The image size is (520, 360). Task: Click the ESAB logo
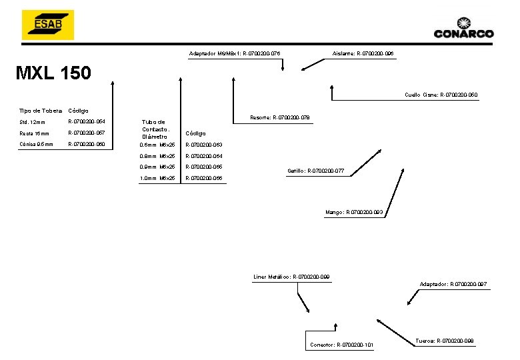(x=47, y=25)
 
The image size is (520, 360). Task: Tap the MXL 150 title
(x=53, y=73)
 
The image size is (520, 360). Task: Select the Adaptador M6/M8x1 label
(x=234, y=53)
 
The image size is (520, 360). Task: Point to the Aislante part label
(x=362, y=53)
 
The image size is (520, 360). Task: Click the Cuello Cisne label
(x=441, y=95)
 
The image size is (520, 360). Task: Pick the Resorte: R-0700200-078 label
(x=279, y=117)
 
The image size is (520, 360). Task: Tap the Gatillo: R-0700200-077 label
(x=315, y=171)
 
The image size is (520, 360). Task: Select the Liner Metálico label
(x=291, y=277)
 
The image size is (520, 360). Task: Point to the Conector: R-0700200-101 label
(x=341, y=345)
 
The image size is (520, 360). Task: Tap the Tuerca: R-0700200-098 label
(x=444, y=341)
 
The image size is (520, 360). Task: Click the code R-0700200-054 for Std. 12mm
(x=87, y=122)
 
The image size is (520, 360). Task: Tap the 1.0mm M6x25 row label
(x=157, y=178)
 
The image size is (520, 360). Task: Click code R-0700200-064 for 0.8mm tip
(x=203, y=156)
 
